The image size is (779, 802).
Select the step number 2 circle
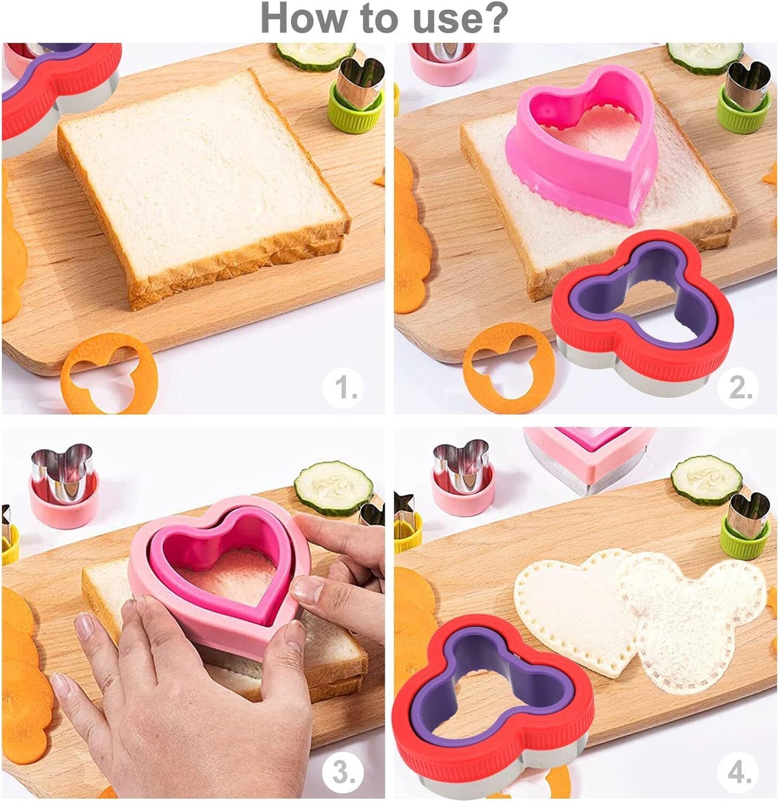tap(740, 386)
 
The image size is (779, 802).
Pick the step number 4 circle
tap(740, 772)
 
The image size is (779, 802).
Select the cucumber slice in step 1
tap(316, 55)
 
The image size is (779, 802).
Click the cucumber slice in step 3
tap(334, 487)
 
